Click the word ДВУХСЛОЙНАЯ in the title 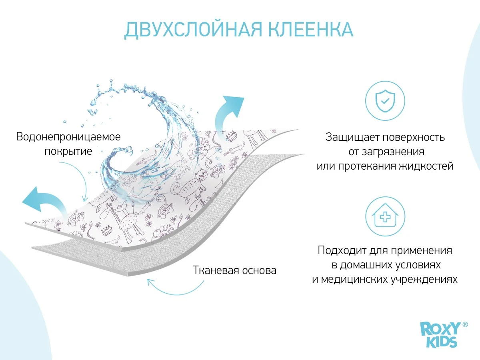(x=193, y=30)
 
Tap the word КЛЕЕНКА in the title (x=310, y=29)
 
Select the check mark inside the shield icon (x=385, y=101)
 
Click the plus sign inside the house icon (x=385, y=217)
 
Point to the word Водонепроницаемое (x=68, y=137)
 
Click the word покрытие (x=68, y=151)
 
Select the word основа (x=260, y=271)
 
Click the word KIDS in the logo (x=442, y=342)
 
